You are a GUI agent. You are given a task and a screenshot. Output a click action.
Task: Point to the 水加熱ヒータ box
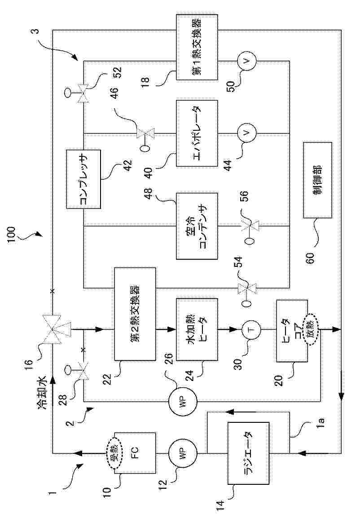pos(197,329)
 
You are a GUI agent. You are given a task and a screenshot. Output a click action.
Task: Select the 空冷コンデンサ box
pos(197,226)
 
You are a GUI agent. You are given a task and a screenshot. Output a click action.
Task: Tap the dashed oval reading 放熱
pos(310,329)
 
